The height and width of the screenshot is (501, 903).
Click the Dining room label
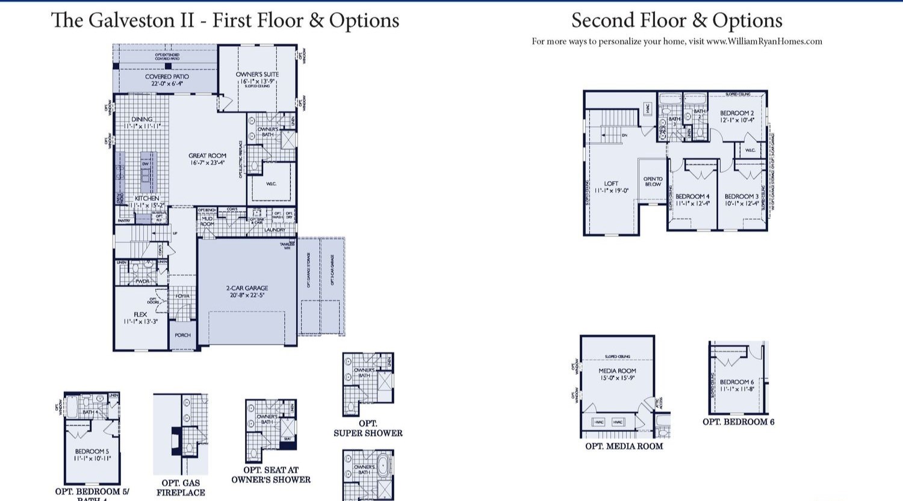point(142,120)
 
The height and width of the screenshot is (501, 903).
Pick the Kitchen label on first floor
point(147,198)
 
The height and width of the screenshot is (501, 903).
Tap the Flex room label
point(140,315)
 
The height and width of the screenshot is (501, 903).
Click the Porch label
point(183,335)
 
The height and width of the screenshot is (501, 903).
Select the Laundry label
point(275,230)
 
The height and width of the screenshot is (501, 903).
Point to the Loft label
point(611,184)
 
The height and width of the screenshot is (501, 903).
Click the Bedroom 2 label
point(737,113)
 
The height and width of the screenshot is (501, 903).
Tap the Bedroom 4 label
point(692,197)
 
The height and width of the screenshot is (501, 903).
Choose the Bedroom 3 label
point(742,197)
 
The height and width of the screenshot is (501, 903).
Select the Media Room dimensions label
point(617,378)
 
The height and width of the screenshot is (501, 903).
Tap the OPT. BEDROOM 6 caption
point(738,422)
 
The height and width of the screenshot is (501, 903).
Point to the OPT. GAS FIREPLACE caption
point(181,488)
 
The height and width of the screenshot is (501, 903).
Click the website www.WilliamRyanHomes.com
point(764,41)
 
